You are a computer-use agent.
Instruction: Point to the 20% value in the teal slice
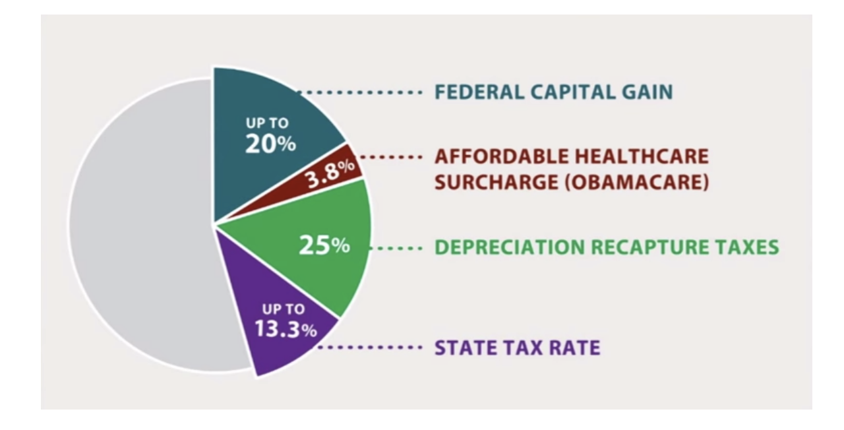pyautogui.click(x=270, y=144)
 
